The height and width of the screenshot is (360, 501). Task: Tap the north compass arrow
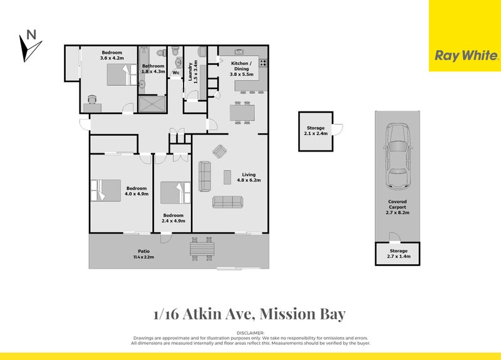click(x=29, y=46)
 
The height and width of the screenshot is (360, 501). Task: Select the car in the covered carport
click(x=397, y=155)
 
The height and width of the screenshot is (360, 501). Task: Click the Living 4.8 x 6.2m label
click(x=248, y=177)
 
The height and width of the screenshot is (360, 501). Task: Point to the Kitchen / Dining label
click(x=242, y=68)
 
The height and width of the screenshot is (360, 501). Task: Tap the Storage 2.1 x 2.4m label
click(x=315, y=130)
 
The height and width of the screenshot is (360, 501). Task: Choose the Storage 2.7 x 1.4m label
click(x=397, y=254)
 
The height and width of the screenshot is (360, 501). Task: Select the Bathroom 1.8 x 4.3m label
click(x=153, y=68)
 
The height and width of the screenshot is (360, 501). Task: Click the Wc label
click(x=176, y=72)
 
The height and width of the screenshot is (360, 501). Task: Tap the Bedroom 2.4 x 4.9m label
click(x=173, y=218)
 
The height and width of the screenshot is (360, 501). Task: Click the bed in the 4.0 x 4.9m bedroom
click(x=106, y=190)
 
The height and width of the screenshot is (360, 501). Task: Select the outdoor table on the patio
click(x=202, y=250)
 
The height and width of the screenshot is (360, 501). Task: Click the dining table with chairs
click(x=242, y=113)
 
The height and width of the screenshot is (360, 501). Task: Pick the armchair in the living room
click(x=220, y=151)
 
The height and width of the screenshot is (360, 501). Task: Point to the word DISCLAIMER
click(x=250, y=332)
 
